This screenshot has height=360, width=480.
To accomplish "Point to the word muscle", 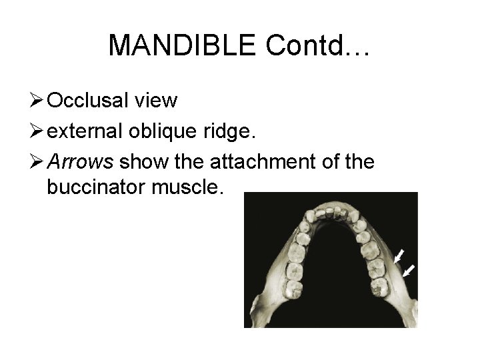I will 191,187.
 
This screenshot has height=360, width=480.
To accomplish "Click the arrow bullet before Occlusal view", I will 36,101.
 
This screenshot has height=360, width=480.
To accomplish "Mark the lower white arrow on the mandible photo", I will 409,270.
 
